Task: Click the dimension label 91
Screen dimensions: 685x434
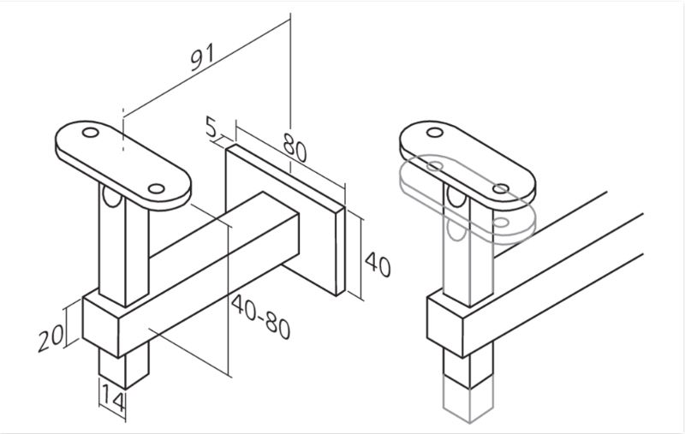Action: (203, 56)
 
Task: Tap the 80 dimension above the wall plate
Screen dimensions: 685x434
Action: (295, 147)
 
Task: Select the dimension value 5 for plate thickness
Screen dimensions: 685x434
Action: (211, 128)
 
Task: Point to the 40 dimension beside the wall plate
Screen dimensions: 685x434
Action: (378, 265)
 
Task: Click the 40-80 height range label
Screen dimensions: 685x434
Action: (261, 317)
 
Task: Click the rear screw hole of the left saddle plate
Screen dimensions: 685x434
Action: (91, 133)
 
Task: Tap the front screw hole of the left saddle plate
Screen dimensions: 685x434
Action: (156, 189)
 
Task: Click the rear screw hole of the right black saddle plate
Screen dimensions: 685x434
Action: (435, 133)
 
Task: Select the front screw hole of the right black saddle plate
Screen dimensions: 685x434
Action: (501, 189)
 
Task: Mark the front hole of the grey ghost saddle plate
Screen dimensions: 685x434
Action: (501, 223)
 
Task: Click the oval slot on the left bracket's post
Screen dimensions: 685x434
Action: (111, 197)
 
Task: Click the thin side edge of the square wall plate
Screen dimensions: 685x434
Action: (340, 251)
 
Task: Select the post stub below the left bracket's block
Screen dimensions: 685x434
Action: (124, 366)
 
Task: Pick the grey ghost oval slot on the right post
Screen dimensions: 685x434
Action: (457, 229)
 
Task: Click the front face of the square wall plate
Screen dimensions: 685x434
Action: (281, 217)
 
